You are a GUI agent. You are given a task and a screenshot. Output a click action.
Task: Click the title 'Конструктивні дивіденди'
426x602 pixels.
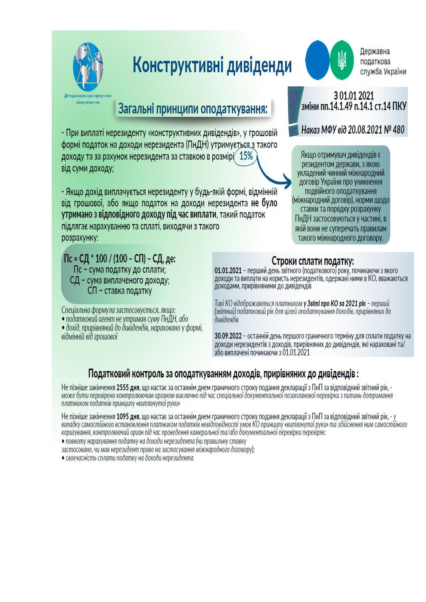(212, 65)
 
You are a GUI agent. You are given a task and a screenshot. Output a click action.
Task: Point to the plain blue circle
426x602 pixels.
(317, 60)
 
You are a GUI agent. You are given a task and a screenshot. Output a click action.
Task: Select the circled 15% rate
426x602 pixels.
(246, 156)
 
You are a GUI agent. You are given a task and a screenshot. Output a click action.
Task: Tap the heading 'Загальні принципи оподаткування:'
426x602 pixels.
(193, 109)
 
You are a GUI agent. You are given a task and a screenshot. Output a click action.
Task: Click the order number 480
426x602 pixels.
(398, 130)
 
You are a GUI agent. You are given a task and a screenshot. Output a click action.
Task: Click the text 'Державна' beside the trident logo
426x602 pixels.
(374, 52)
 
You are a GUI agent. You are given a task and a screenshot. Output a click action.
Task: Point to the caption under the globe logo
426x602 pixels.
(88, 99)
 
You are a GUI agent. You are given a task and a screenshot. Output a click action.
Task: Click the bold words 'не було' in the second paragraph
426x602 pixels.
(264, 204)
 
